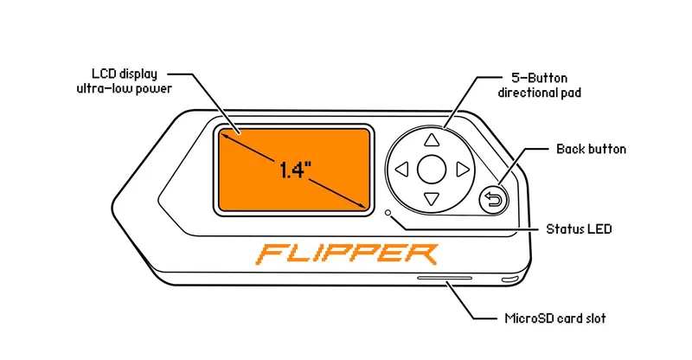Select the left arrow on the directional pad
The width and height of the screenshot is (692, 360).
401,170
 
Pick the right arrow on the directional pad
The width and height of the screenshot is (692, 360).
462,170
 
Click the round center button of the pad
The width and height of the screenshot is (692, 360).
432,170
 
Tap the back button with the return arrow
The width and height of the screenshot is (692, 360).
493,201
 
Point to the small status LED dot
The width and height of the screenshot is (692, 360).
388,212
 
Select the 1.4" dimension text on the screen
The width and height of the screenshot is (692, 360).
295,169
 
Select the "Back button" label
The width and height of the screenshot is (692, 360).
592,149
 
